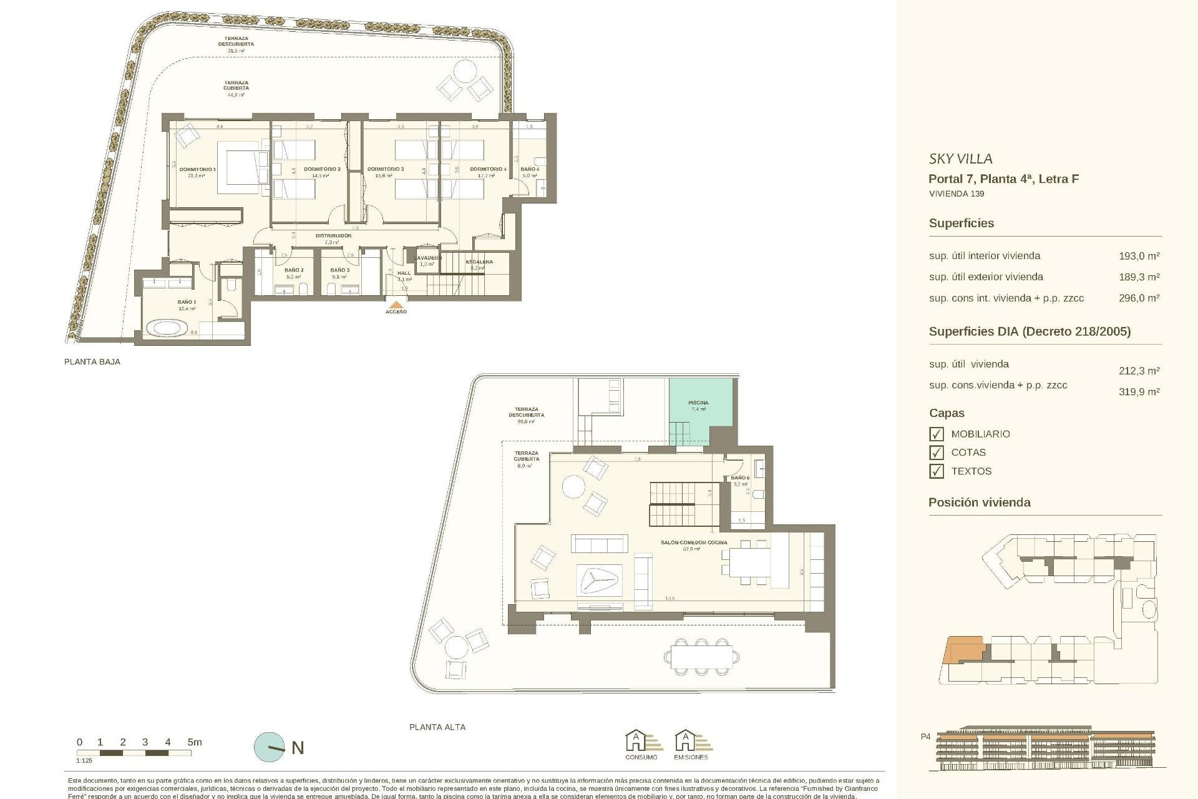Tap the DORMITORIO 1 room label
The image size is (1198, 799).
click(198, 169)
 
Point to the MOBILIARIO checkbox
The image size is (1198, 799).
click(936, 434)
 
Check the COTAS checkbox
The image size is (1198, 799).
click(936, 453)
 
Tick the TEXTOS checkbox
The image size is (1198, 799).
click(936, 471)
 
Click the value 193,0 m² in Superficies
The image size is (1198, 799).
click(1139, 256)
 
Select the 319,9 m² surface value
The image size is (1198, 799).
click(1139, 392)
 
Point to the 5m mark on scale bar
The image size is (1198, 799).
click(194, 742)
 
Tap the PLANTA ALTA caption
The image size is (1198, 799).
click(437, 727)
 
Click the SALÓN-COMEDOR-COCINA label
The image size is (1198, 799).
click(694, 542)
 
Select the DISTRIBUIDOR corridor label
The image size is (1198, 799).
click(333, 236)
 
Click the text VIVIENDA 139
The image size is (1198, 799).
click(956, 194)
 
